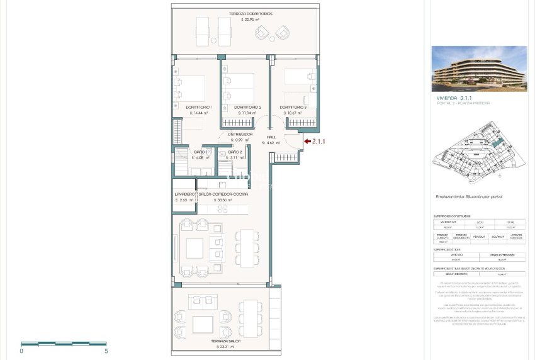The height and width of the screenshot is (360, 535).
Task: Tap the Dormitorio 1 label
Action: (199, 108)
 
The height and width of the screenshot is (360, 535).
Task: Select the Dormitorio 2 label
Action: (247, 108)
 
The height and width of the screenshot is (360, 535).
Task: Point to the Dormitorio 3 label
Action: (293, 108)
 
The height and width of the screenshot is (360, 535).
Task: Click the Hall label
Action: (271, 137)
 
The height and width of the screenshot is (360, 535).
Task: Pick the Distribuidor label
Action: (240, 134)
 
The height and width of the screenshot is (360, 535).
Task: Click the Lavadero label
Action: (184, 194)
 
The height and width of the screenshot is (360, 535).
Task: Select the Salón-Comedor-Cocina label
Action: (223, 194)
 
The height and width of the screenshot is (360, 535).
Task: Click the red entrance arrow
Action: (308, 142)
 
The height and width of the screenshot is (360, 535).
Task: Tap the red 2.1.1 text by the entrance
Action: (321, 142)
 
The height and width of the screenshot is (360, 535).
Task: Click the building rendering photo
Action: (479, 69)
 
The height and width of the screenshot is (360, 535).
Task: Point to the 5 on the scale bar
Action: (106, 351)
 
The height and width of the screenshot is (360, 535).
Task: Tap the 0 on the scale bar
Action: (21, 351)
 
